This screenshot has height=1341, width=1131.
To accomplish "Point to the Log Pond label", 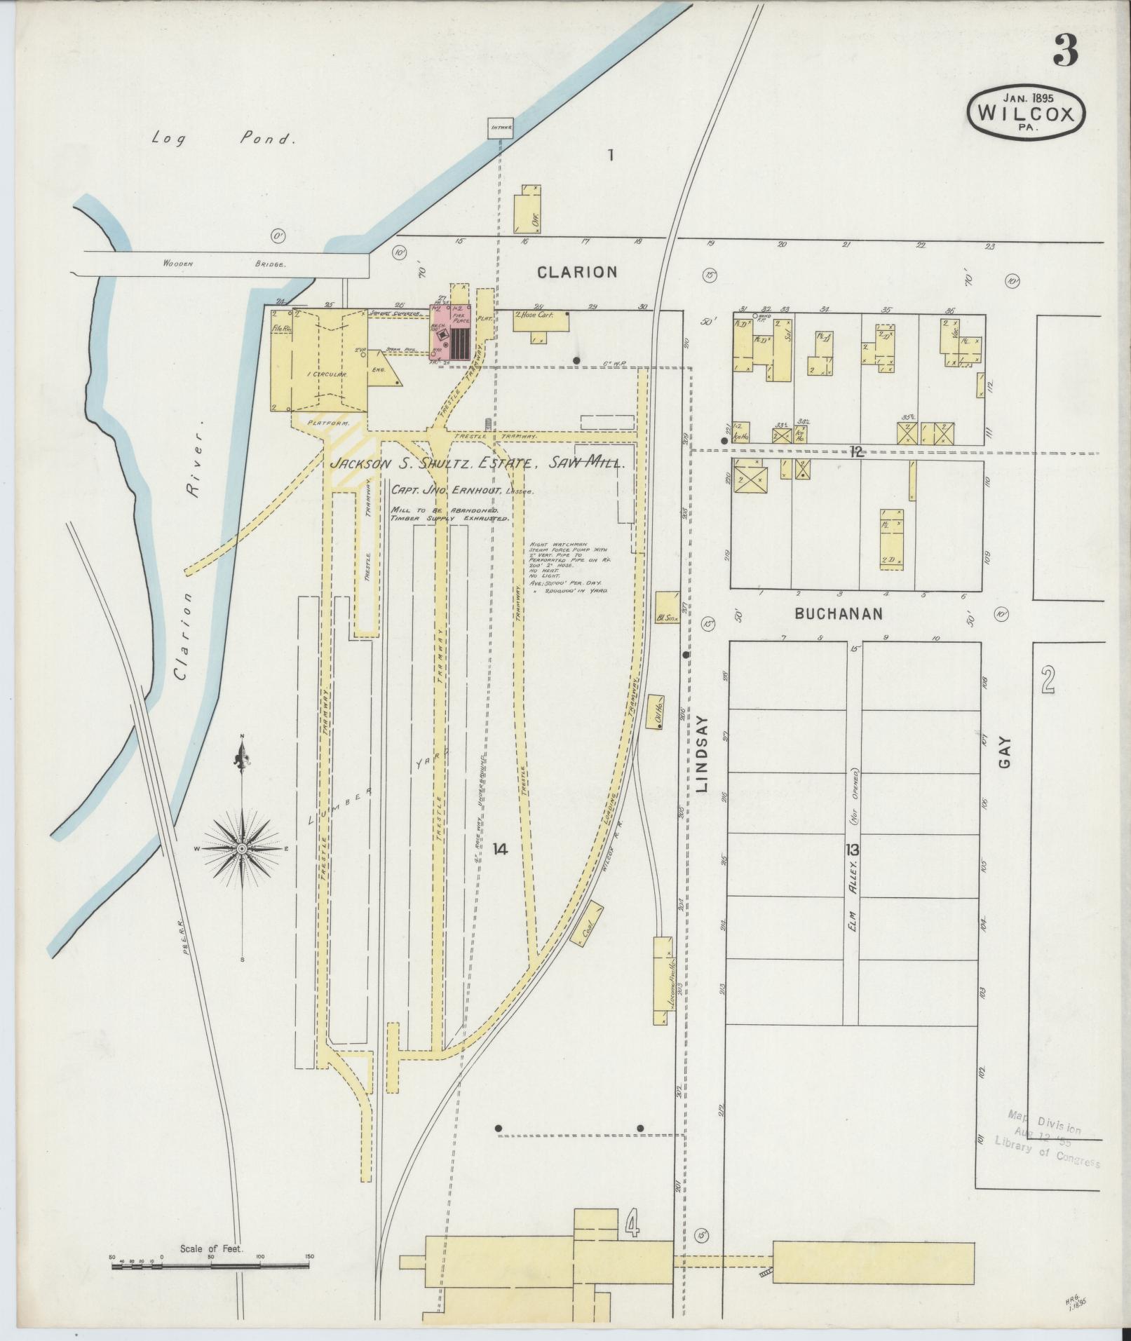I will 221,138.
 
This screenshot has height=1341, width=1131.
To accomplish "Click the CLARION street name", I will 577,272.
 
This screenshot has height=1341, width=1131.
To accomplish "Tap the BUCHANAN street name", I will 838,614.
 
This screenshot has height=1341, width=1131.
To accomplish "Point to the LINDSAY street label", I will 704,754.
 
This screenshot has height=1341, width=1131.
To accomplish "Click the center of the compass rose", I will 242,849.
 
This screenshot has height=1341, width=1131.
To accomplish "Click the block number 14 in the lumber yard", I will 499,850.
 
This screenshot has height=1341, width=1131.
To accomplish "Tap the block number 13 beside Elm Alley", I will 853,850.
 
